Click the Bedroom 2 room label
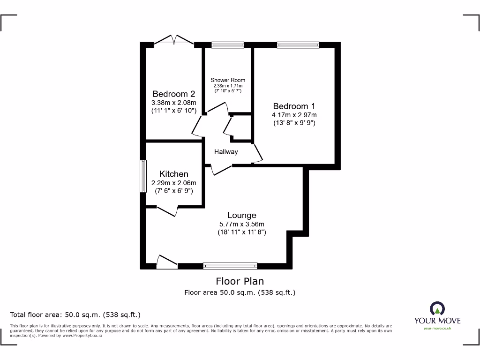(173, 94)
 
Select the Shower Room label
(228, 80)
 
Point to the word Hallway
(226, 152)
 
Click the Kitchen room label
(173, 174)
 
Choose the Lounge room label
(242, 215)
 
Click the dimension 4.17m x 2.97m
(294, 115)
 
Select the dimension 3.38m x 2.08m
(173, 103)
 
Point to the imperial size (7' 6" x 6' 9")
(173, 191)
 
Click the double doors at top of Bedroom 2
(173, 41)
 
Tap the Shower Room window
(227, 45)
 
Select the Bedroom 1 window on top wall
(298, 45)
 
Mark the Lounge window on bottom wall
(230, 266)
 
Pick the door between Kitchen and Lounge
(167, 211)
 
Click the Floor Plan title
(240, 281)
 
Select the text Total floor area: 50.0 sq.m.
(75, 315)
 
